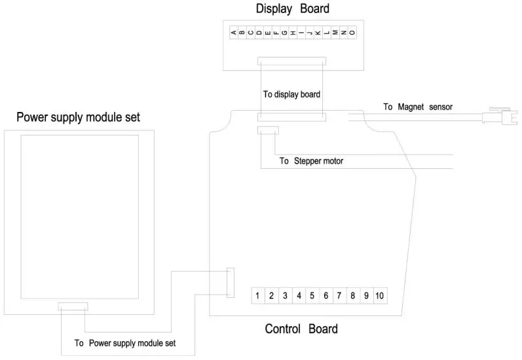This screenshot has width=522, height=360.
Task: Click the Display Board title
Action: click(x=292, y=9)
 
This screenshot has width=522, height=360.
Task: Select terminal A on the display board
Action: click(x=234, y=31)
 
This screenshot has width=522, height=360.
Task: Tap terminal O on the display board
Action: click(x=352, y=31)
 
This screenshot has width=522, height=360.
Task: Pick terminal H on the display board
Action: click(x=293, y=31)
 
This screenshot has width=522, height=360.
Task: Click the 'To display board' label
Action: click(x=291, y=94)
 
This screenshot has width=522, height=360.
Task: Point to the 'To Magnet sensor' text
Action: click(x=418, y=107)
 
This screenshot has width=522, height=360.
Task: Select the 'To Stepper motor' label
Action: click(x=311, y=160)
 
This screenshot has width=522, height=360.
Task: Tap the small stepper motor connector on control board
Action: click(x=267, y=131)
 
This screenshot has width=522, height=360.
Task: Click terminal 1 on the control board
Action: click(x=258, y=296)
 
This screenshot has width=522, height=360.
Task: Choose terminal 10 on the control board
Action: click(x=379, y=296)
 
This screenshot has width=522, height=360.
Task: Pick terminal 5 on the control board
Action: click(x=312, y=296)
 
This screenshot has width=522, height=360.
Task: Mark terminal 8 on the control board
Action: click(x=352, y=296)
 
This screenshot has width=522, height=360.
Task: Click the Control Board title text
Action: click(x=301, y=329)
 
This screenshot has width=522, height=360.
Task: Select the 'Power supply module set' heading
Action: click(x=78, y=118)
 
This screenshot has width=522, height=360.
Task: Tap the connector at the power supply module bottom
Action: click(x=72, y=306)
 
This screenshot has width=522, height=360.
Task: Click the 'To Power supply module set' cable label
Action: click(x=125, y=342)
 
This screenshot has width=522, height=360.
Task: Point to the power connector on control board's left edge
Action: click(x=230, y=282)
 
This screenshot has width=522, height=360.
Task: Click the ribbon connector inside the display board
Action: click(x=291, y=61)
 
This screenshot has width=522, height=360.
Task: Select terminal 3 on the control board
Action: click(x=285, y=296)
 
